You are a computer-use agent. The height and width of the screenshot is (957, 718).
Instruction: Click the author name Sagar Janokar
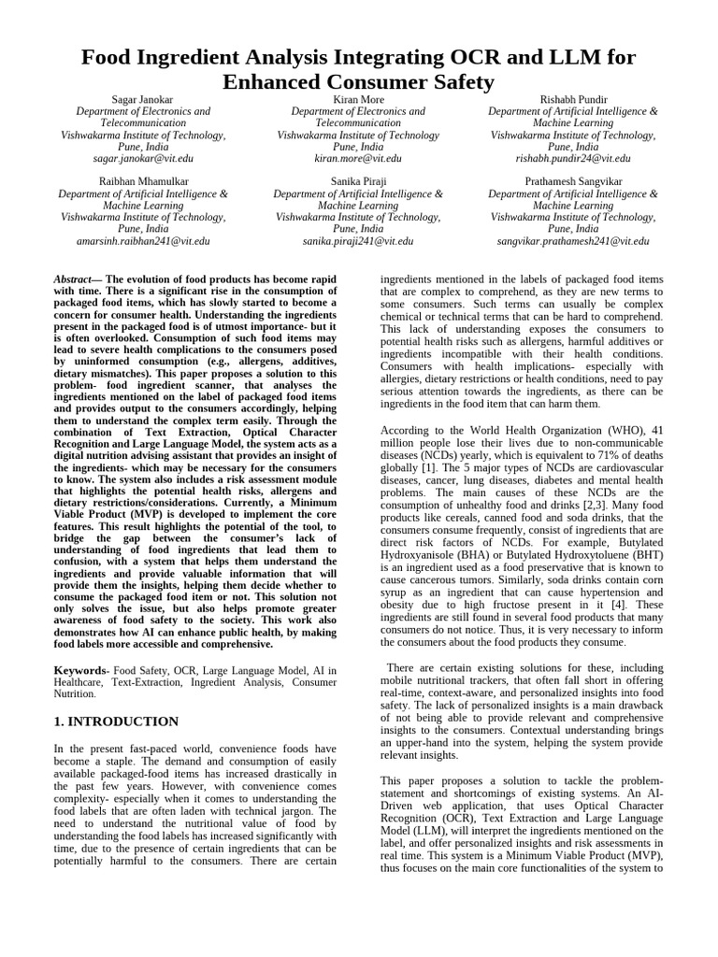(x=143, y=99)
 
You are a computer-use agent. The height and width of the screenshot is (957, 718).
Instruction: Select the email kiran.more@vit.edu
(x=358, y=160)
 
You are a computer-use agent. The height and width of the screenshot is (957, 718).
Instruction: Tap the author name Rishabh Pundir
(x=573, y=99)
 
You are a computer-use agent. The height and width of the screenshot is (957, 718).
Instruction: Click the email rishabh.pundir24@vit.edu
(x=573, y=160)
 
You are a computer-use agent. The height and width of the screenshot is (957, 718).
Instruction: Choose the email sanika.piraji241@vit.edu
(x=358, y=240)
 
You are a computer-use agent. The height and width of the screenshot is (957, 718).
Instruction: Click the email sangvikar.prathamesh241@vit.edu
(x=573, y=240)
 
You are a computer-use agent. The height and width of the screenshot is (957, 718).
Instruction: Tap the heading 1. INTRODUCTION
(x=116, y=721)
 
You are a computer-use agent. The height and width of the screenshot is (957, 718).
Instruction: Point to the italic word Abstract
(x=72, y=279)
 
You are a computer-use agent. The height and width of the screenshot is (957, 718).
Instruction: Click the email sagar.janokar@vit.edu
(x=143, y=160)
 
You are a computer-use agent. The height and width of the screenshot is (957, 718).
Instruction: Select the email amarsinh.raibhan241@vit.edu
(x=143, y=240)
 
